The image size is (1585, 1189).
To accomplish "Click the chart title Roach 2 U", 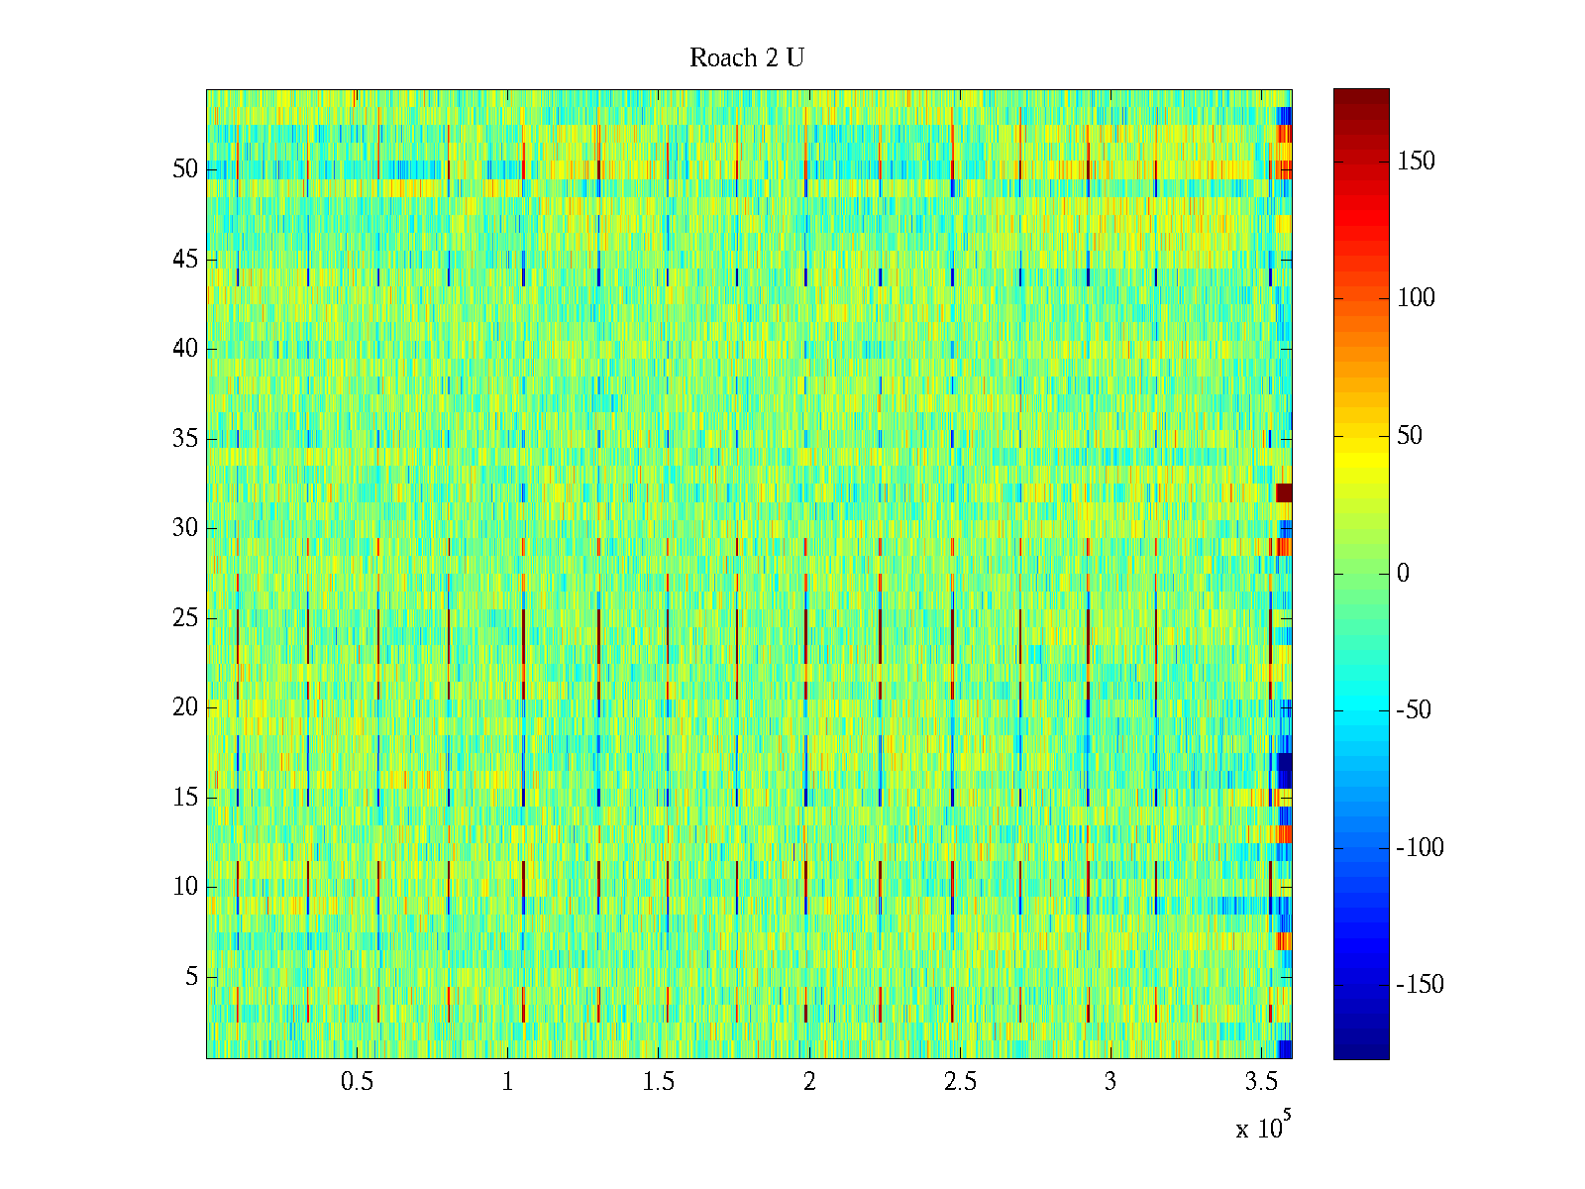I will [746, 58].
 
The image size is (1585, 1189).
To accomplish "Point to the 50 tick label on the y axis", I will [185, 169].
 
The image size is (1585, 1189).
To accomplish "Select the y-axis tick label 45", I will [185, 260].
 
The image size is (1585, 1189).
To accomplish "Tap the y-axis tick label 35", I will [185, 439].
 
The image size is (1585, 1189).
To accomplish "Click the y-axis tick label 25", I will [185, 618].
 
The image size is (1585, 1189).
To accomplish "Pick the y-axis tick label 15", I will [185, 798].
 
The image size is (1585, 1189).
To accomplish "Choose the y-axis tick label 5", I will [191, 977].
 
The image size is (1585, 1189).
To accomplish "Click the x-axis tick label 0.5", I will [358, 1082].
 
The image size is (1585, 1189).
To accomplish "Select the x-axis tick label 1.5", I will [659, 1082].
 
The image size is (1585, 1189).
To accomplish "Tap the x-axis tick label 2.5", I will [960, 1082].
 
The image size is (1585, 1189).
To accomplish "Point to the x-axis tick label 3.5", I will [1262, 1082].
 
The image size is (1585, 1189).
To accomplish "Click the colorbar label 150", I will [1416, 162].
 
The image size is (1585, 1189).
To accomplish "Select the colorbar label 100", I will [1416, 298].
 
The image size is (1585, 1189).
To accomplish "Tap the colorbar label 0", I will [1403, 574].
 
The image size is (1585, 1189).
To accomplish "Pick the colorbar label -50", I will [1420, 710].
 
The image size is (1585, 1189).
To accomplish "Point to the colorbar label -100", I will [1420, 848].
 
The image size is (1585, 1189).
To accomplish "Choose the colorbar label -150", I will [1420, 985].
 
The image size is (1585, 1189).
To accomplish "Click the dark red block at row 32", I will [1284, 492].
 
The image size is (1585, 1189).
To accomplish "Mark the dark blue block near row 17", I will [1285, 770].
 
